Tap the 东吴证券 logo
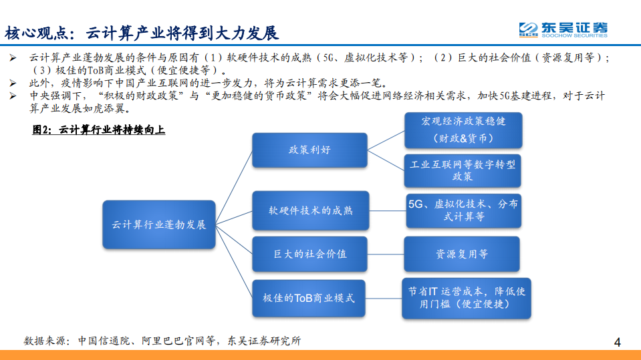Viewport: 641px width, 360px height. pos(563,29)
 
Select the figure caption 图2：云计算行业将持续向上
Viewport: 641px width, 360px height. pos(99,130)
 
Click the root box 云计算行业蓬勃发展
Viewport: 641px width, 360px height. pos(158,224)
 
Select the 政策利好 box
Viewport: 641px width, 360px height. pos(309,150)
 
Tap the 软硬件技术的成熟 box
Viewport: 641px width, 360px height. pos(309,210)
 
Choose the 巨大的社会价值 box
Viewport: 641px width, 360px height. pos(309,254)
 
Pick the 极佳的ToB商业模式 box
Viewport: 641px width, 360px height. pos(309,298)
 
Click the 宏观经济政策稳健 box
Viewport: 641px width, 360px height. pos(463,130)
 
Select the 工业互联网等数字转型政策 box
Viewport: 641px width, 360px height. pos(463,170)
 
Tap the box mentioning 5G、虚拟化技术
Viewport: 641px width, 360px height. pos(463,210)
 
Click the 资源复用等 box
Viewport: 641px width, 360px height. pos(463,254)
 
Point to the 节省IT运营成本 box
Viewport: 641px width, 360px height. pos(467,298)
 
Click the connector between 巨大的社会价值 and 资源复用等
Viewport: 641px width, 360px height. pos(386,254)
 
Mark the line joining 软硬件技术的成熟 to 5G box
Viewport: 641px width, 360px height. pos(386,210)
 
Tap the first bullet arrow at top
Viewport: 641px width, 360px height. pos(13,58)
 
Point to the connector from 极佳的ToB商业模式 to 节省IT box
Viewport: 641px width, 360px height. pos(384,298)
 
